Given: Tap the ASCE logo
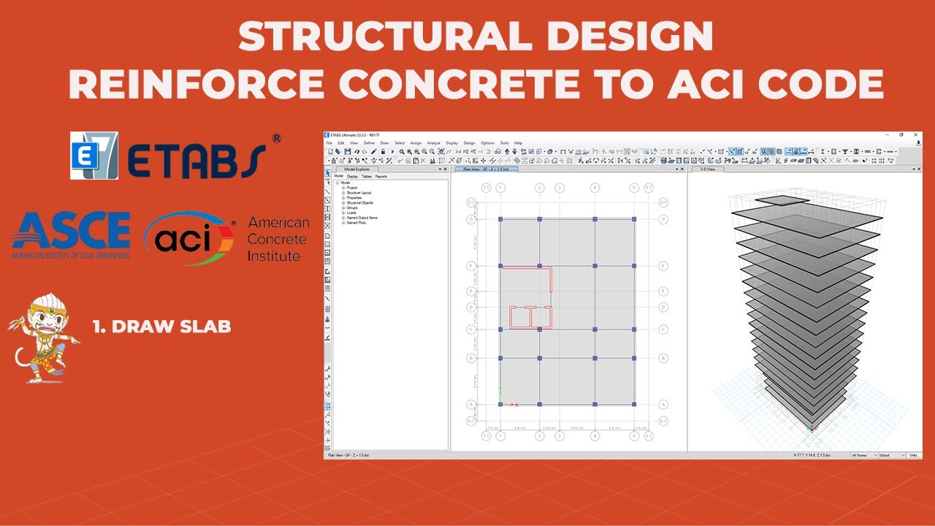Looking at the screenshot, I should (x=71, y=235).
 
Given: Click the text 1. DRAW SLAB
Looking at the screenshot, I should (x=161, y=327).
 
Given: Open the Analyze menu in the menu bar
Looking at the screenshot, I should (x=434, y=142).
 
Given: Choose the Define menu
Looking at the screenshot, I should (x=369, y=142).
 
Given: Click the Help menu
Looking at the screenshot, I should (x=518, y=142).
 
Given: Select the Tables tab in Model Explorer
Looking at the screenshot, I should (x=367, y=176).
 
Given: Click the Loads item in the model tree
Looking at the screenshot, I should (x=351, y=213).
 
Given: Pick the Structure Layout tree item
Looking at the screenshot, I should (x=359, y=193).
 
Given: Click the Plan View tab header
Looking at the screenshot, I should (x=486, y=169).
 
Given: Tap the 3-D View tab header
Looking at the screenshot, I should (x=708, y=169).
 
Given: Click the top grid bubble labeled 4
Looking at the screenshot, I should (x=595, y=188).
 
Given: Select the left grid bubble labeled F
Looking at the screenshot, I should (x=471, y=266).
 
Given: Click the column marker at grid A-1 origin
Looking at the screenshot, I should (x=500, y=404).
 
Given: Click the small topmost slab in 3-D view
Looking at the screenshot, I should (x=777, y=200).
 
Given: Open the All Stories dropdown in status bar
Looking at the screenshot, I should (x=863, y=455).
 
